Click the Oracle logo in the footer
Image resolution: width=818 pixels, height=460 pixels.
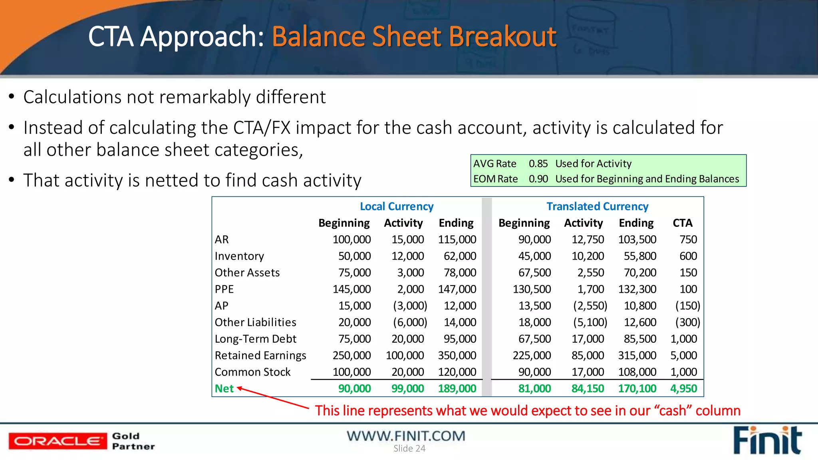(x=58, y=441)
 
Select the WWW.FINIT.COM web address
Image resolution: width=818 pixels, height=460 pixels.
(x=406, y=436)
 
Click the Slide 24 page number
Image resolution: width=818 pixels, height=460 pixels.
(x=409, y=448)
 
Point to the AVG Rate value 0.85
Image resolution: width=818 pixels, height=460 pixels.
(x=538, y=164)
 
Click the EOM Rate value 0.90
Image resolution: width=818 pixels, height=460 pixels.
(x=538, y=179)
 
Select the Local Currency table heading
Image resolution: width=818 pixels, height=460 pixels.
(x=396, y=206)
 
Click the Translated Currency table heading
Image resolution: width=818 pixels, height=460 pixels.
(x=597, y=206)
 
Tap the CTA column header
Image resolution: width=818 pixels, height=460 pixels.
(x=682, y=223)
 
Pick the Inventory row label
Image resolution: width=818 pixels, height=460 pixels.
(x=239, y=256)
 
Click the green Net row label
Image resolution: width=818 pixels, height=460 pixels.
(x=224, y=389)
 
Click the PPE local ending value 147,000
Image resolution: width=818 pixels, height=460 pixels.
(x=457, y=289)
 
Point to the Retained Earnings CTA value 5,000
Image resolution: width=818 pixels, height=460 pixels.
(x=683, y=355)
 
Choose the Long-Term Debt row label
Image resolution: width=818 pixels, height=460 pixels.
(x=255, y=339)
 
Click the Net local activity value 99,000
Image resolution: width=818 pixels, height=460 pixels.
(x=407, y=389)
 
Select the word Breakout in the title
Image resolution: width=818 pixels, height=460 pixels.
(x=502, y=37)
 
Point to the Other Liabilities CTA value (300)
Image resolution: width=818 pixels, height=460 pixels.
(x=687, y=322)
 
